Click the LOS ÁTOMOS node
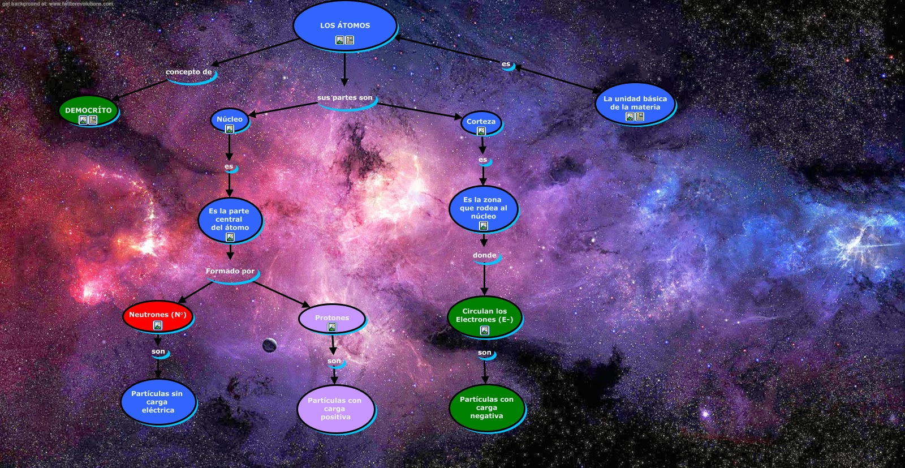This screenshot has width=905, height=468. point(344,26)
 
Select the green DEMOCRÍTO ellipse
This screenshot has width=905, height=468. point(88,110)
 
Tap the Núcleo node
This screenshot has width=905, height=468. point(229,119)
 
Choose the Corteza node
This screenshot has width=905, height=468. point(481,122)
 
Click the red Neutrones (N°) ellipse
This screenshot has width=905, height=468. point(157,315)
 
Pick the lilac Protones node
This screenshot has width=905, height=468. point(332,319)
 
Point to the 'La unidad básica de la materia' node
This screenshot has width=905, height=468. point(635,103)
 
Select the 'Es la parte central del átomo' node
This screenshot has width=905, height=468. point(230,220)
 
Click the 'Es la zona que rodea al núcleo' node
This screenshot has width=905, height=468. point(483,208)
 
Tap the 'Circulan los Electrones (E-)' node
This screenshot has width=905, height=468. point(484,316)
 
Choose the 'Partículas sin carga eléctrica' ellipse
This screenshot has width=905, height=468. point(158,402)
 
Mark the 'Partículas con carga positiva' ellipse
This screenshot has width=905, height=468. point(335,409)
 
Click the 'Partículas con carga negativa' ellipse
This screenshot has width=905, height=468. point(486,407)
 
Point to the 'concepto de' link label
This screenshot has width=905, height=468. point(189,72)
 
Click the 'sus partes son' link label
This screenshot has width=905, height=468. point(345,98)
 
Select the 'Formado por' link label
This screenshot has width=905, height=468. point(230,272)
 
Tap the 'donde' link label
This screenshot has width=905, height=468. point(485,256)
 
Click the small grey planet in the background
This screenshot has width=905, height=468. point(270,344)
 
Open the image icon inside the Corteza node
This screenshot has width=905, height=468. point(481,131)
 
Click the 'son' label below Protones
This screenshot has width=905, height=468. point(334,361)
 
